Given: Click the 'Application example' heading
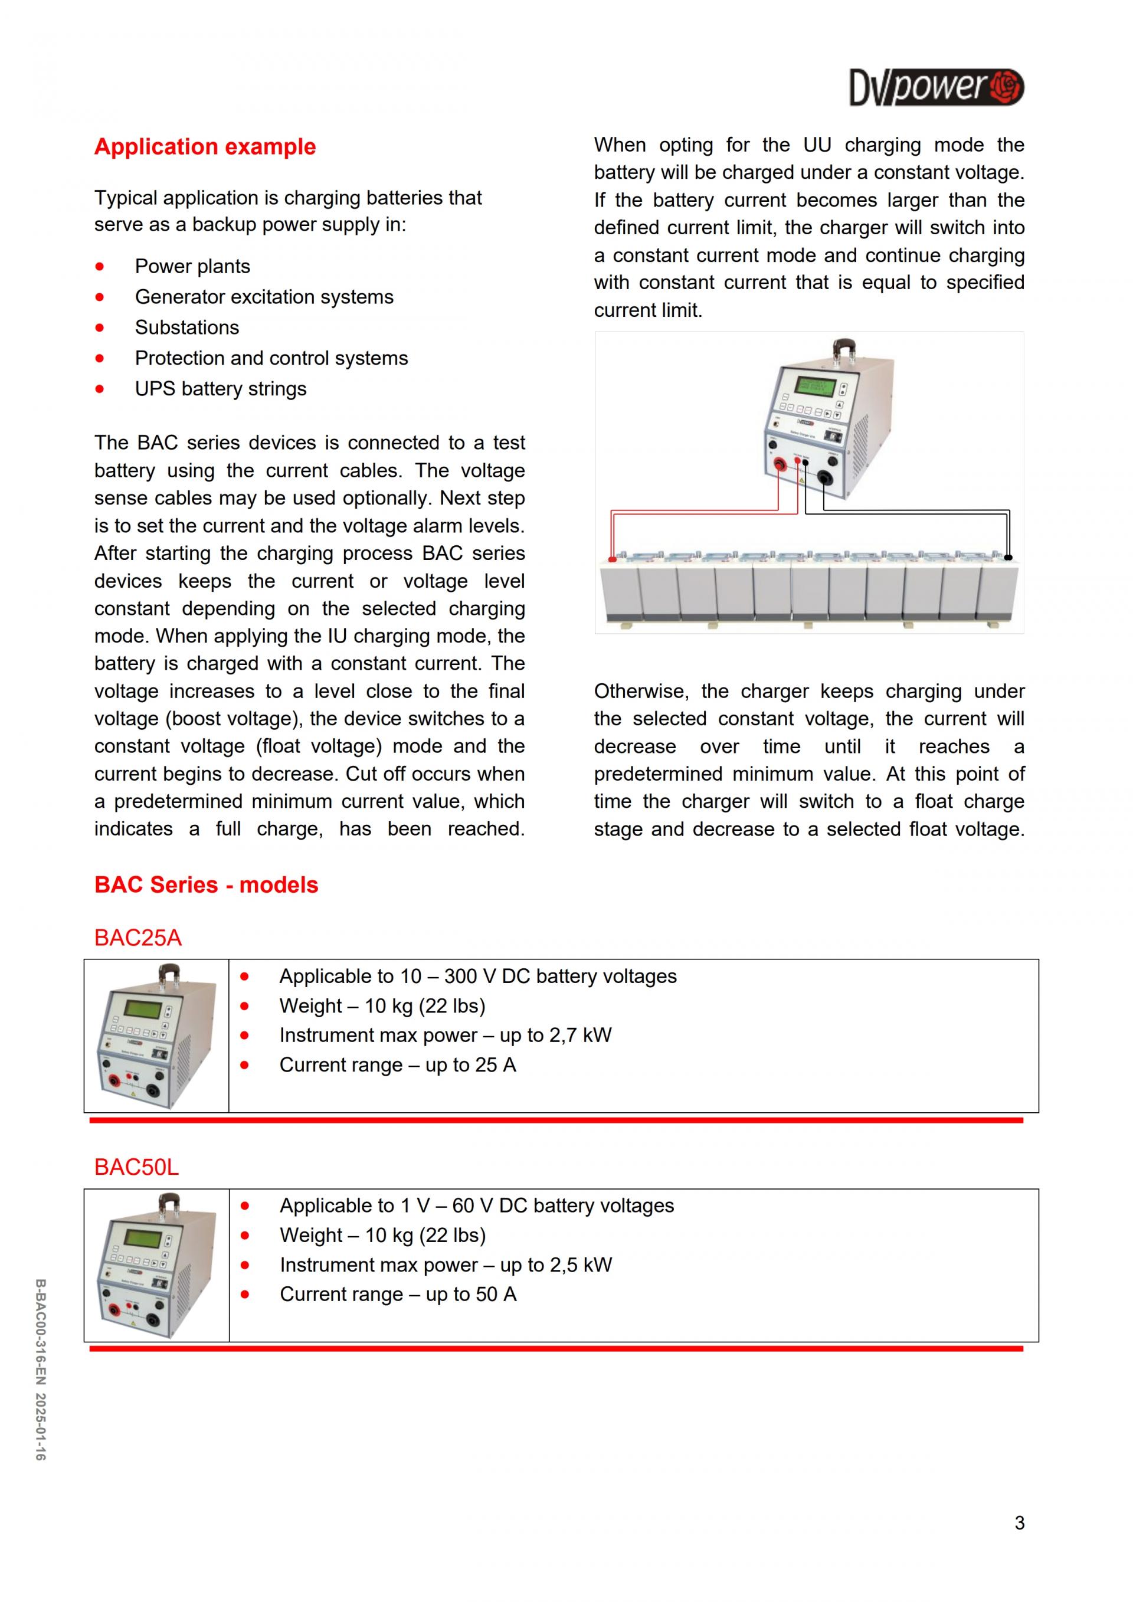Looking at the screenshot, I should [205, 146].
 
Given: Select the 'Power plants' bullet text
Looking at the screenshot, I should [192, 267].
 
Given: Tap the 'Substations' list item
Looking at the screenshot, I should [187, 327].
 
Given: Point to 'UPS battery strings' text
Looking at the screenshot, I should [221, 389].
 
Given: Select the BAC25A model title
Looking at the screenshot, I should [138, 938].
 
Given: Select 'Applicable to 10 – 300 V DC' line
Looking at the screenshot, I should [478, 976].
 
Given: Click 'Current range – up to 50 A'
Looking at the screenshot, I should [398, 1295].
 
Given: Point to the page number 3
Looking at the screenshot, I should [1019, 1523].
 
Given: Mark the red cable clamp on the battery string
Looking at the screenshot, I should [612, 559].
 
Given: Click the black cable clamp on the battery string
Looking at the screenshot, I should [1007, 558].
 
